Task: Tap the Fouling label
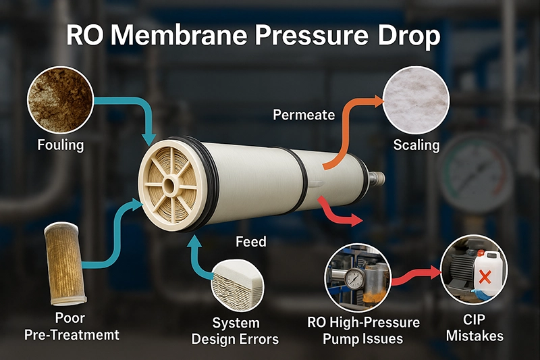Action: coord(61,145)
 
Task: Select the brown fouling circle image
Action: coord(61,100)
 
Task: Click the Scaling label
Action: coord(416,145)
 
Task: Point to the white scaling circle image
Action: coord(416,100)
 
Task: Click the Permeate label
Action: coord(304,115)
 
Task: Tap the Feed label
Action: coord(251,242)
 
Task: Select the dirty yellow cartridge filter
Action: coord(65,263)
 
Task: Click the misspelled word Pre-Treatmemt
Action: coord(72,335)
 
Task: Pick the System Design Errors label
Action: coord(235,331)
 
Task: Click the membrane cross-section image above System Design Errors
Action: coord(238,285)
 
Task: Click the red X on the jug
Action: coord(485,277)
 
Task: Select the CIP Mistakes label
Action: coord(475,328)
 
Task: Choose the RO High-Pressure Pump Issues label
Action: coord(363,331)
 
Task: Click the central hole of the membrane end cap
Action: coord(169,186)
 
